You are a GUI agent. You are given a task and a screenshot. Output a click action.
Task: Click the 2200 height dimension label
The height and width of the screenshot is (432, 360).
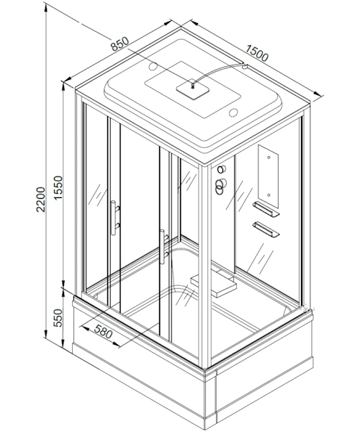click(40, 199)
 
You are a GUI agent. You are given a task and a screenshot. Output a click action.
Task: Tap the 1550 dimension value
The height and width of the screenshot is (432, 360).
click(58, 188)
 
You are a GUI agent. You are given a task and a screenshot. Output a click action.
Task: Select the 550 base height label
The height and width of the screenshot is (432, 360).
click(58, 318)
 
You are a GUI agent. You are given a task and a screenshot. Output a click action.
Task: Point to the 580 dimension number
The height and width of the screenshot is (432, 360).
click(103, 331)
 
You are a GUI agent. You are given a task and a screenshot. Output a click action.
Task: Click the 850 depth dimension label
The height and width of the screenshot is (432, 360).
click(120, 43)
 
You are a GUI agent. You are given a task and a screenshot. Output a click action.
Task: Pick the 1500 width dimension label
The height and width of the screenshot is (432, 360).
click(257, 53)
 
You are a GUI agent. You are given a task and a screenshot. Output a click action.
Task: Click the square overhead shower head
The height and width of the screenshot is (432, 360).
click(193, 91)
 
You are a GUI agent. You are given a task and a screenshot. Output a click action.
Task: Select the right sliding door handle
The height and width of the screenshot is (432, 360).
click(163, 246)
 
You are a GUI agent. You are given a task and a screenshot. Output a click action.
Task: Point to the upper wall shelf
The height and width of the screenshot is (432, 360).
click(266, 209)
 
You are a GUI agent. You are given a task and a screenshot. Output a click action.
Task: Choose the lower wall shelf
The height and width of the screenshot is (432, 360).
click(266, 229)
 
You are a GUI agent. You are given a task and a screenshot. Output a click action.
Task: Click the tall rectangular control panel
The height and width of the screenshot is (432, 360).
click(269, 176)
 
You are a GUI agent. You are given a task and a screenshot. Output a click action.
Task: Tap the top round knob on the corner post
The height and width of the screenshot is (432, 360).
click(221, 169)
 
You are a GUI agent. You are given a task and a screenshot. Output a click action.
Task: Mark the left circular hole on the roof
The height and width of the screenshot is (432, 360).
click(153, 66)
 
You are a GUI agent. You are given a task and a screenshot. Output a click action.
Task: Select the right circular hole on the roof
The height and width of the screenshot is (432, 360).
click(233, 112)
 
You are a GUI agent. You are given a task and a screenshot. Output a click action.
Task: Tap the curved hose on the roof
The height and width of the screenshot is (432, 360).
click(217, 71)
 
